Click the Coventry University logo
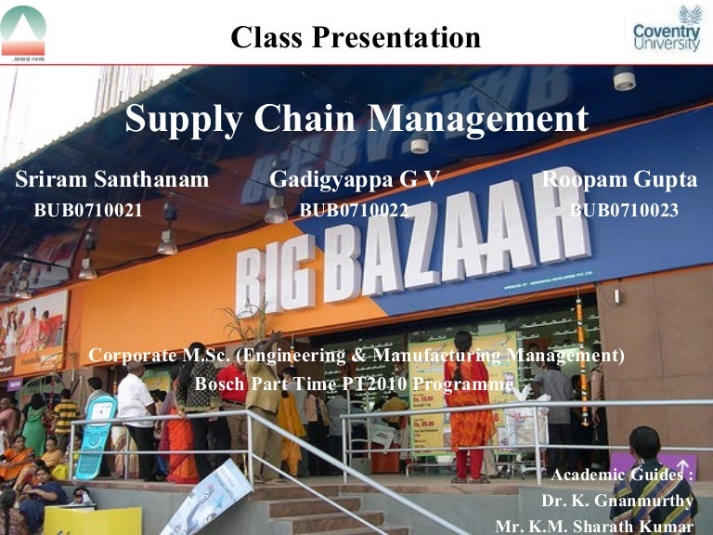tap(666, 30)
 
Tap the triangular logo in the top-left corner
tap(23, 31)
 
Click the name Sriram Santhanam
tap(112, 180)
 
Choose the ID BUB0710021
tap(88, 210)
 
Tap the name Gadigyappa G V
tap(354, 180)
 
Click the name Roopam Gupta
tap(619, 180)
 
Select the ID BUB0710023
tap(624, 210)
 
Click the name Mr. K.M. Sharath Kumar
tap(594, 526)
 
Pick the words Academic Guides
tap(619, 476)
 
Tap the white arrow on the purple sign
tap(682, 464)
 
